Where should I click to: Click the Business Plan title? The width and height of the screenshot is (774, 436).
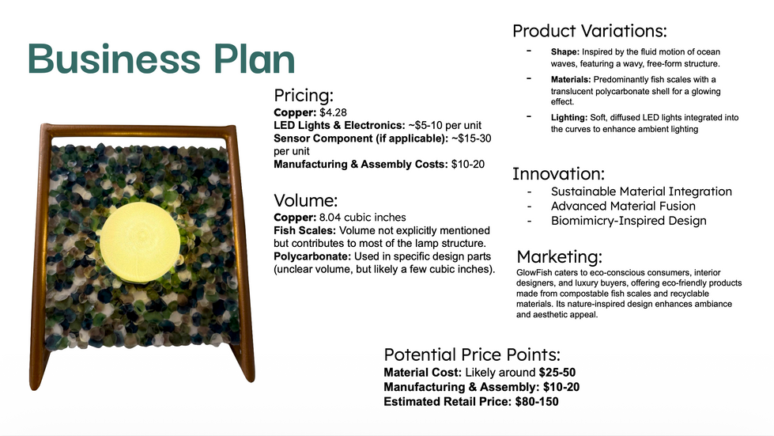(161, 59)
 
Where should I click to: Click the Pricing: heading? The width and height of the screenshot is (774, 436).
(304, 95)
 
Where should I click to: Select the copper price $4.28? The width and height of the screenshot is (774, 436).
(333, 112)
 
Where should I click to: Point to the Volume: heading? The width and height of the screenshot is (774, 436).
(305, 200)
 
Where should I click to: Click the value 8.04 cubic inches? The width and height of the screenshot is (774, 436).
(362, 218)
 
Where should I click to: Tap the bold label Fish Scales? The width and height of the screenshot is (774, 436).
(304, 230)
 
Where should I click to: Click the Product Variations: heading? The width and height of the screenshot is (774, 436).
(589, 31)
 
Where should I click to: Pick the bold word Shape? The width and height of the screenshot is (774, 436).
(565, 52)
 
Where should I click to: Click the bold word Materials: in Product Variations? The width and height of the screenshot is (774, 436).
(571, 79)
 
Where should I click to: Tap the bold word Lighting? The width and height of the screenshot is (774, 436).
(569, 118)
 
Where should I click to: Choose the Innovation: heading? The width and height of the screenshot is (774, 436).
(558, 174)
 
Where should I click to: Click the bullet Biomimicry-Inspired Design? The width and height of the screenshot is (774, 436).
(629, 221)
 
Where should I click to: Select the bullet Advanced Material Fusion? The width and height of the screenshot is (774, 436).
(623, 206)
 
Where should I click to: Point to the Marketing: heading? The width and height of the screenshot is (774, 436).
(559, 256)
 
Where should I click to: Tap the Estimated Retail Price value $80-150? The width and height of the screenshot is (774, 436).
(537, 401)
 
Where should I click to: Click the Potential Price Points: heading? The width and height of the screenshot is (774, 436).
(472, 354)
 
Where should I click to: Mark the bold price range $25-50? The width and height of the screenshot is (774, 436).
(557, 373)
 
